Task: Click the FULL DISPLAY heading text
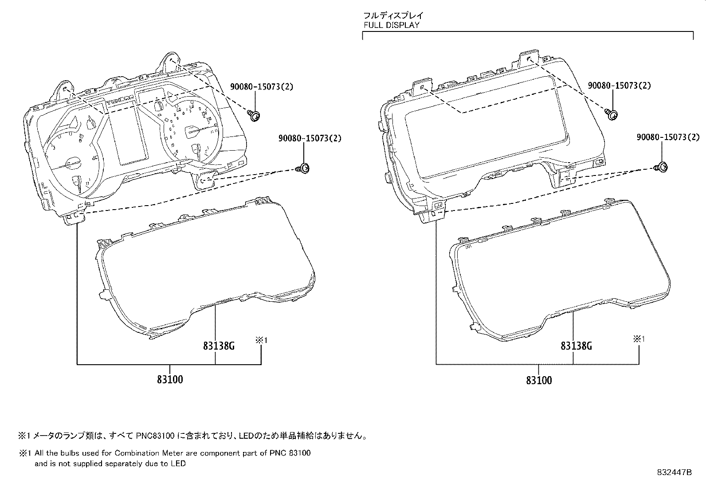click(391, 25)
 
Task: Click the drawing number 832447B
click(674, 472)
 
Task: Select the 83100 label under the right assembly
click(539, 380)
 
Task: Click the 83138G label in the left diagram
click(219, 346)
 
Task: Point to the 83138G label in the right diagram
click(576, 346)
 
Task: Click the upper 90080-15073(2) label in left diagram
click(262, 86)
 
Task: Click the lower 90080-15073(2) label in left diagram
click(310, 138)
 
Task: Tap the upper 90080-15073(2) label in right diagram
click(619, 86)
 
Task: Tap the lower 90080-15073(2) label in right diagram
click(668, 137)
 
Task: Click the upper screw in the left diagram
click(255, 116)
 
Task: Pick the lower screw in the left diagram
click(303, 168)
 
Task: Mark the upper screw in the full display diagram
click(612, 115)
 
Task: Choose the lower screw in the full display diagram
click(662, 167)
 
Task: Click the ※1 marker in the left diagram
click(261, 340)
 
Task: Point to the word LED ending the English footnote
click(180, 464)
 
